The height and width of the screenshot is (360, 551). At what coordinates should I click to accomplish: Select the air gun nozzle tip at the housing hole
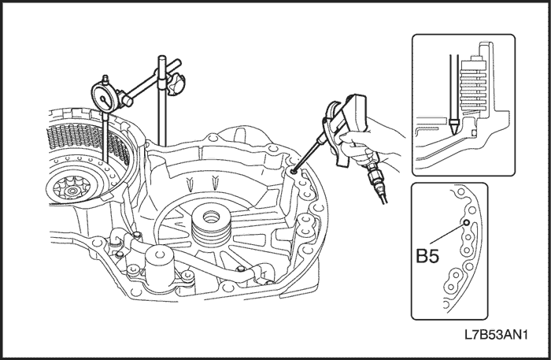point(293,169)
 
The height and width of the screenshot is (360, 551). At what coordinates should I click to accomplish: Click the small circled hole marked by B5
point(467,224)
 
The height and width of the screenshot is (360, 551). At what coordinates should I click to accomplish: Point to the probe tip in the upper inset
point(454,124)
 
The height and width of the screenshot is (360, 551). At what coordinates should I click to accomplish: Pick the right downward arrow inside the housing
point(215,181)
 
